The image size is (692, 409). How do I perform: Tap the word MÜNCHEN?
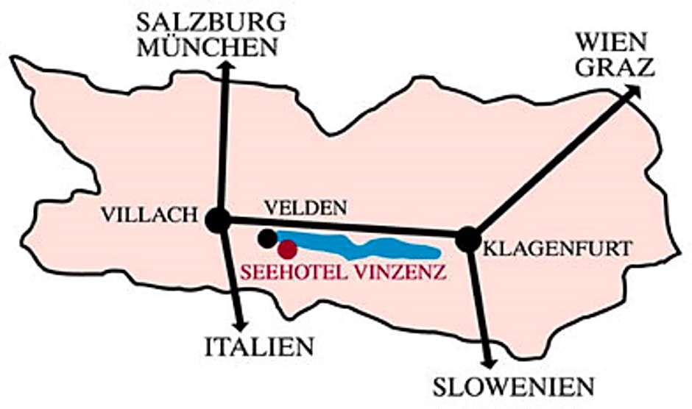pyautogui.click(x=208, y=47)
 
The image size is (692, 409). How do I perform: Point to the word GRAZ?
pyautogui.click(x=615, y=67)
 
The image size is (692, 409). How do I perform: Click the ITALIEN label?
pyautogui.click(x=258, y=345)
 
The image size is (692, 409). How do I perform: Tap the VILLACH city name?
pyautogui.click(x=150, y=214)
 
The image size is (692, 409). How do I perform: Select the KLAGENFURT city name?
pyautogui.click(x=558, y=249)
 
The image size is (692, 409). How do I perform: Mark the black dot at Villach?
pyautogui.click(x=218, y=219)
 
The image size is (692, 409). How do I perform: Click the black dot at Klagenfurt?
pyautogui.click(x=467, y=239)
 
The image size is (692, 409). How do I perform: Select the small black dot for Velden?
pyautogui.click(x=268, y=238)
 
